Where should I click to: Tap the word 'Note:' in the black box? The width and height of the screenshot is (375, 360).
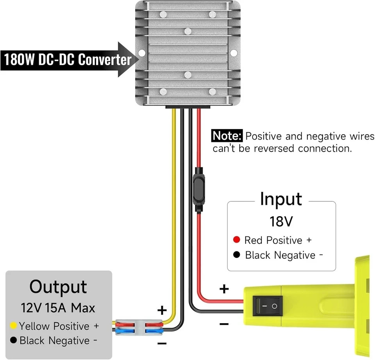tap(227, 136)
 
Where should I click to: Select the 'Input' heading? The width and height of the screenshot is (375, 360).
tap(281, 199)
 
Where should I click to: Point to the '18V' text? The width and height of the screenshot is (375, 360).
tap(281, 222)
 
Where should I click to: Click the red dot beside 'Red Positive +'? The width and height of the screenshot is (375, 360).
tap(236, 240)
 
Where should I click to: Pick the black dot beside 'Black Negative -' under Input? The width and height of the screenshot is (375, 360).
tap(236, 255)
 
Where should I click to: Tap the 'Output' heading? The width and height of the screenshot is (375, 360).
tap(58, 287)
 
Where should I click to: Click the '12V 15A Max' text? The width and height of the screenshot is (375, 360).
tap(58, 308)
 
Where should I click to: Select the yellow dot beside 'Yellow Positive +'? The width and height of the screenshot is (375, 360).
tap(13, 326)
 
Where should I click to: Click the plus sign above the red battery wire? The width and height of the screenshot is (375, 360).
tap(224, 289)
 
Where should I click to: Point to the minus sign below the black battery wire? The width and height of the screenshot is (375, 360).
tap(224, 324)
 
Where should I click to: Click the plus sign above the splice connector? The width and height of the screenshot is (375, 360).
tap(162, 311)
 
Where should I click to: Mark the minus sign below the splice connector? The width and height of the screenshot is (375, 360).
tap(162, 344)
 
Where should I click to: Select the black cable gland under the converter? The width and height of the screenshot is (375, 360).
tap(188, 107)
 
